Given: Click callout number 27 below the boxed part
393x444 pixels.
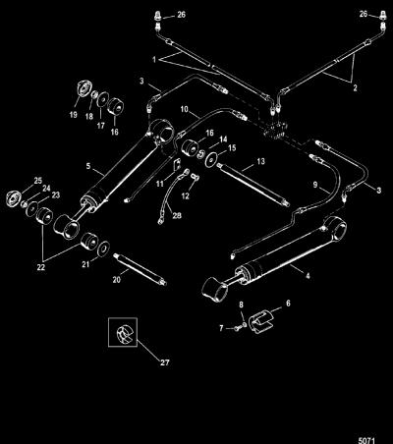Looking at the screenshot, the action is coord(165,362).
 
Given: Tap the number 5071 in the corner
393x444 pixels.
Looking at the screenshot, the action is coord(365,440).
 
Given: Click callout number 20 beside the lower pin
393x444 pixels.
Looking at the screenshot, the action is coord(117,280).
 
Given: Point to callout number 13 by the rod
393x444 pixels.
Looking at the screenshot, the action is coord(260,161).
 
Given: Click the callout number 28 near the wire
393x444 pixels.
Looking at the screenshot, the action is coord(177,216).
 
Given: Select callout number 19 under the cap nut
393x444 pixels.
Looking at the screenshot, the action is coord(73,115).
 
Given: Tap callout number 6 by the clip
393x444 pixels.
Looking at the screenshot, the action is coord(288,304).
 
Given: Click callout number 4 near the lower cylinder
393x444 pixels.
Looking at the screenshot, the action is coord(308,276).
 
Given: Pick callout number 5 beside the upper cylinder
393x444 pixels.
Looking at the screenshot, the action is coord(88,166).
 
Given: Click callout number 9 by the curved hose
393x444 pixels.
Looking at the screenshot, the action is coord(315,185).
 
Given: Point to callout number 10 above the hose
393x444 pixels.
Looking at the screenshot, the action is coord(185,109).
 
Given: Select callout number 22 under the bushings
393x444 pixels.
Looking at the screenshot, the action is coord(41,267).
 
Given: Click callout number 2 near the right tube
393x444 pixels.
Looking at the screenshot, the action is coord(355,87).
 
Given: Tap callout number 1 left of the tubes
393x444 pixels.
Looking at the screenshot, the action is coord(154,60).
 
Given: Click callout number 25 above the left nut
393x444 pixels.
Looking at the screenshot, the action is coord(38,180).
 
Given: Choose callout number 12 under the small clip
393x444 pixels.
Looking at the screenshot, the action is coord(186,195).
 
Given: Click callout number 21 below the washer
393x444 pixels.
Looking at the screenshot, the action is coord(85,264).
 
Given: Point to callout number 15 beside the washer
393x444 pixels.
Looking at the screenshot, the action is coord(232,148).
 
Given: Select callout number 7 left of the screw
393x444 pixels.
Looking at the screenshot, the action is coord(221,328).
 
